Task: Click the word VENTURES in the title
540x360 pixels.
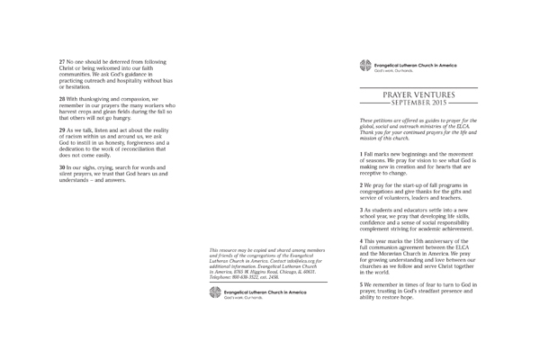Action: (x=443, y=94)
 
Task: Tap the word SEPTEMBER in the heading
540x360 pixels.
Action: (x=420, y=103)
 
